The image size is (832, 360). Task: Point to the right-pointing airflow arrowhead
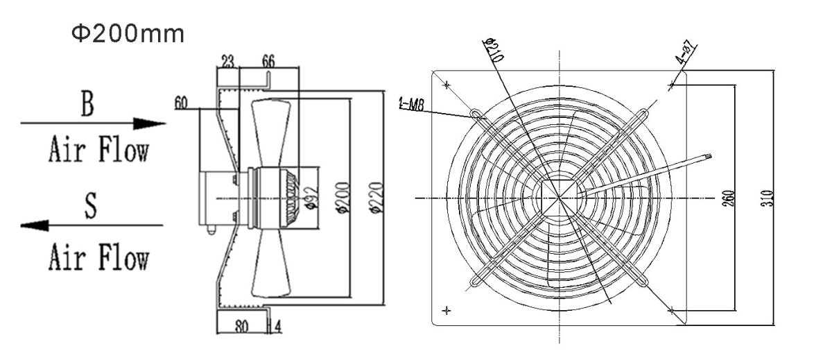click(151, 123)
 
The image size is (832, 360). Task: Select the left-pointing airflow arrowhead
click(35, 225)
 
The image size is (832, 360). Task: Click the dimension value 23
click(227, 62)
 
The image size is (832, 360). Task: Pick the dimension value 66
click(267, 62)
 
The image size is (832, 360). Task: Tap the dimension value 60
click(182, 103)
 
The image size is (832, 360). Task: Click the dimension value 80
click(241, 325)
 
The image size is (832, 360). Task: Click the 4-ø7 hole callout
click(687, 54)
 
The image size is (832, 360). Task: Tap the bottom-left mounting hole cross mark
click(447, 309)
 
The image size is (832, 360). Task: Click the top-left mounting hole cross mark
click(447, 86)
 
